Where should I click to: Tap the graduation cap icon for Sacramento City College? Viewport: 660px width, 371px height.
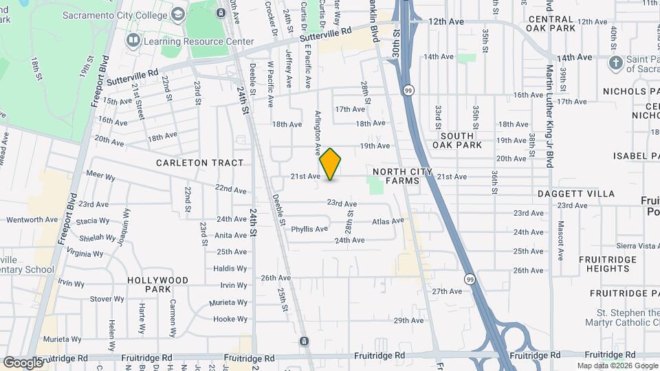[178, 14]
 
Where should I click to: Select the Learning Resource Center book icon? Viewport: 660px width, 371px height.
[133, 41]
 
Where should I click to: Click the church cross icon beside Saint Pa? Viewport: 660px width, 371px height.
[616, 65]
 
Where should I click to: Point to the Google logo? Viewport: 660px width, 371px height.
[23, 362]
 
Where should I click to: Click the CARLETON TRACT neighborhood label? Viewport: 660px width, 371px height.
[200, 163]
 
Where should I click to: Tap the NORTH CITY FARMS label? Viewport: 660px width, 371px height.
[403, 176]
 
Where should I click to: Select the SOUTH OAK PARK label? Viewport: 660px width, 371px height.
[458, 141]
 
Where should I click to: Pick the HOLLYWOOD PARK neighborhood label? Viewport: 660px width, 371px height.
[158, 285]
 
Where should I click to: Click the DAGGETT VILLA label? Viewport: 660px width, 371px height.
[576, 194]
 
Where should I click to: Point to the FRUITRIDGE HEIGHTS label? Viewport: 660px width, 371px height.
[604, 264]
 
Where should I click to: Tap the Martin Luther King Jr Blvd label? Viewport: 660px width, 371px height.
[549, 116]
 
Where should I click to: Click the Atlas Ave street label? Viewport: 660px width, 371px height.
[386, 222]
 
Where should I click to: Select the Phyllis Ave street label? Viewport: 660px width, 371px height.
[309, 229]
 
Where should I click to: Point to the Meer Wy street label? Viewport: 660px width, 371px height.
[101, 177]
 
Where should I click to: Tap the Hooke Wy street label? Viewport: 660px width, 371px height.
[230, 319]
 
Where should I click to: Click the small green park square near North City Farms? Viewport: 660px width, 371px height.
[375, 185]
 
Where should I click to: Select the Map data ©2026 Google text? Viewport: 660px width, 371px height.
[616, 366]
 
